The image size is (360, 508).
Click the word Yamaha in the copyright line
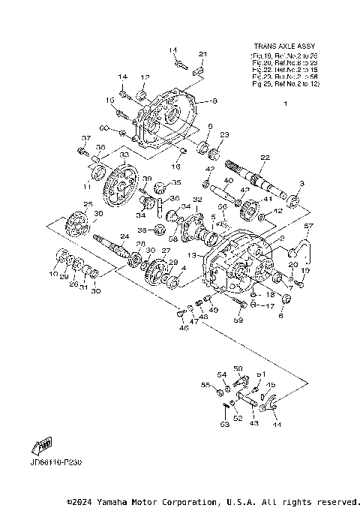[114, 501]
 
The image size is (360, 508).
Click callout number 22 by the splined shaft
[265, 157]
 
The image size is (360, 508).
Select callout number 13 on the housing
[193, 255]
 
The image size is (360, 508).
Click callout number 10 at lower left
[53, 275]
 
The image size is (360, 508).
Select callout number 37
[85, 138]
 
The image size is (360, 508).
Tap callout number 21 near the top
[202, 54]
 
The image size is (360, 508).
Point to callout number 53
[223, 424]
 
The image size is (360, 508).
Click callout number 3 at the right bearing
[301, 183]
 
